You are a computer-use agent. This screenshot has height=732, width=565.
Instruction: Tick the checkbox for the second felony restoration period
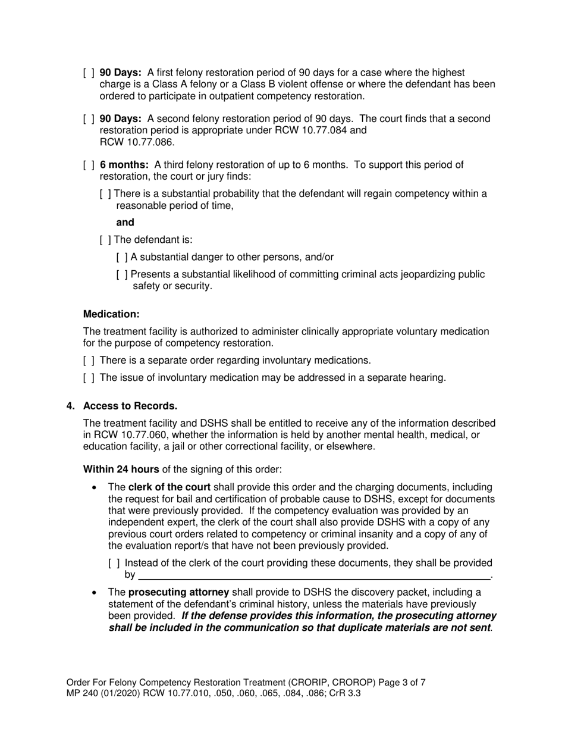(x=88, y=119)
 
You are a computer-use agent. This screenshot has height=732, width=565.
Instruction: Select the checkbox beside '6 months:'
(x=88, y=165)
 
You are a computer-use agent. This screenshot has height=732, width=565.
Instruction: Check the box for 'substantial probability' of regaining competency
(x=105, y=194)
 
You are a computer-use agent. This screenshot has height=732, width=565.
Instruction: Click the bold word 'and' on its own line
(x=125, y=223)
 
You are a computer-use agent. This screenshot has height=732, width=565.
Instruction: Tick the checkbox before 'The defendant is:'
(x=105, y=240)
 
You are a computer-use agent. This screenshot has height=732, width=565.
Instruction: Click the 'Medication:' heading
(x=111, y=314)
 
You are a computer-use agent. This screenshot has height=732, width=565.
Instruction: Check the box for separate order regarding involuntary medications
(x=88, y=361)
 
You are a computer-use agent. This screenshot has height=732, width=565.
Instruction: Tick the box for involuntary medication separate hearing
(x=88, y=378)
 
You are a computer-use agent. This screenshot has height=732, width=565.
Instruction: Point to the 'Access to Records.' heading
(x=130, y=406)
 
